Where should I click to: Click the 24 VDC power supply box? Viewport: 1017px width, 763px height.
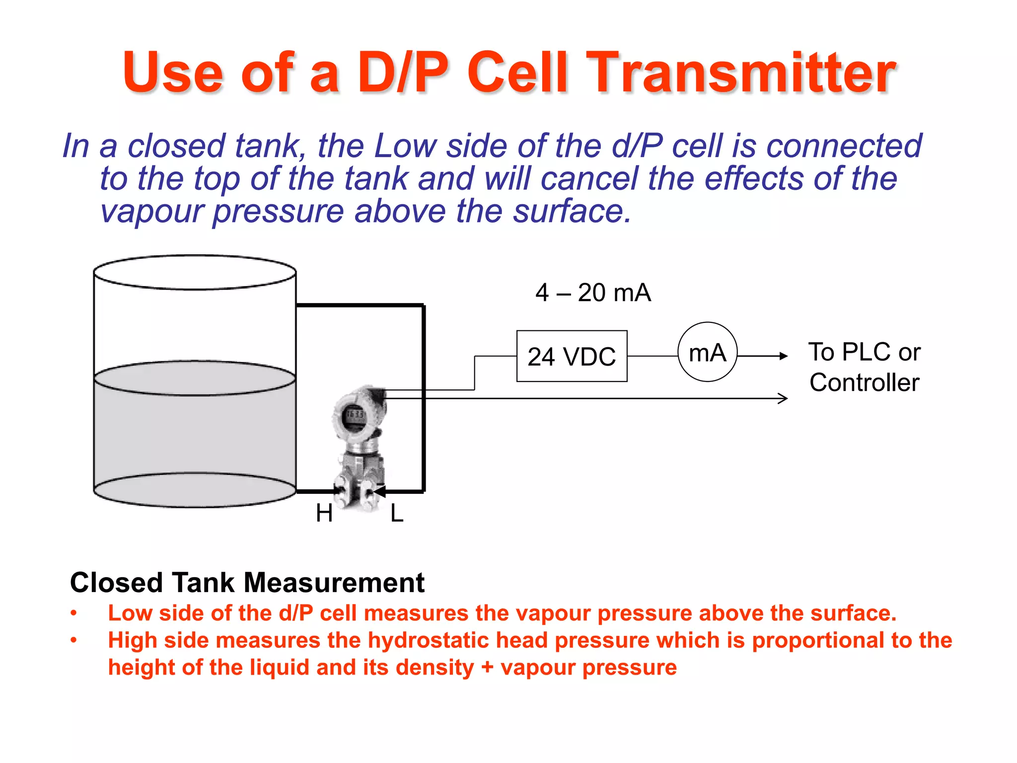572,356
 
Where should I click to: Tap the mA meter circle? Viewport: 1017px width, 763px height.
707,352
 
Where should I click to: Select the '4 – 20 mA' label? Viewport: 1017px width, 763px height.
593,292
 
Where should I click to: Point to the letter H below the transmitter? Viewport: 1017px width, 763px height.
324,513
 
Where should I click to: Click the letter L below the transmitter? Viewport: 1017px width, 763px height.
397,513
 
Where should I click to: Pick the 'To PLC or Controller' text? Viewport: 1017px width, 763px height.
864,367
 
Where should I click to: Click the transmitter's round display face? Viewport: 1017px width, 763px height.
355,415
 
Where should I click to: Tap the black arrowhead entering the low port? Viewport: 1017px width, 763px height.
379,491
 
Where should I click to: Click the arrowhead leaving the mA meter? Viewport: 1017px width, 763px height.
783,356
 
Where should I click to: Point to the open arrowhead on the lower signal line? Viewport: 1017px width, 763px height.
783,398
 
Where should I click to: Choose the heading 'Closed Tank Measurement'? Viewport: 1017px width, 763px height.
247,582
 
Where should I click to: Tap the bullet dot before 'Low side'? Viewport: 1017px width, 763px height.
73,613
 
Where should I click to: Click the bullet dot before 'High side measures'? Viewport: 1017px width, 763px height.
73,640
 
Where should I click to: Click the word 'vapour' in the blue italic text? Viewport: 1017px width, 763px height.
151,211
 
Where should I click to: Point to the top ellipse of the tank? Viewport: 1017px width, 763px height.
195,272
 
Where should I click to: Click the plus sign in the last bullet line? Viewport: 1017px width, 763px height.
487,667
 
